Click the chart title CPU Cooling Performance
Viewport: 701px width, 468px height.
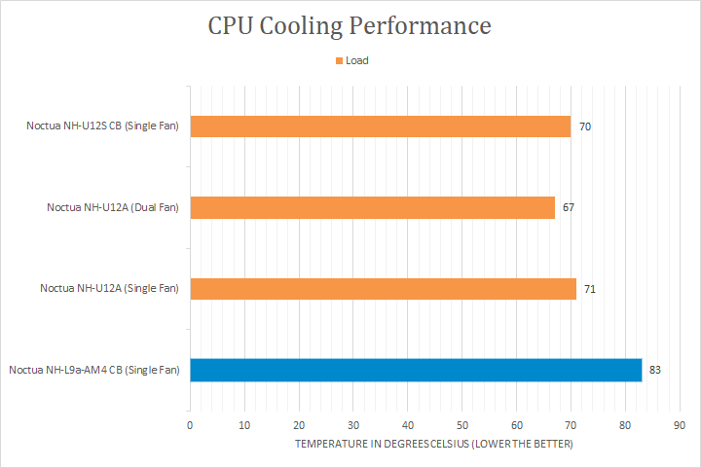point(349,25)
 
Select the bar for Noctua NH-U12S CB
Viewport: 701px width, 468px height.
point(380,126)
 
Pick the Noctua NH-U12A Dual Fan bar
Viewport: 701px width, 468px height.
point(372,207)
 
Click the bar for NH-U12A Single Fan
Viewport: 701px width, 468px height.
point(383,288)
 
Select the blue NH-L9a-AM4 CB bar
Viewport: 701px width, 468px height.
point(416,370)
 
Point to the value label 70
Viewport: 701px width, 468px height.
point(585,126)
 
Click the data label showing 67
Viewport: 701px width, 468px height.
point(569,207)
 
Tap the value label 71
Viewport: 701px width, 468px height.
point(590,288)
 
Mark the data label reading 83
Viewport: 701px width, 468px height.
point(655,370)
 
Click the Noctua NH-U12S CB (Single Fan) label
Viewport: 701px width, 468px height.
point(102,126)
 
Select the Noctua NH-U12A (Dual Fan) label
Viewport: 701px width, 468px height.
point(113,207)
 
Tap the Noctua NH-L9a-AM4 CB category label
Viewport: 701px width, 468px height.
point(94,370)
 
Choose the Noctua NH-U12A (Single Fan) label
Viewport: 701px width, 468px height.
point(109,288)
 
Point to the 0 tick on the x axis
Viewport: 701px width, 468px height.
point(190,425)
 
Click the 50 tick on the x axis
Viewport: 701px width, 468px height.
point(461,425)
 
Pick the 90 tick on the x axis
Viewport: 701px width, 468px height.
point(679,425)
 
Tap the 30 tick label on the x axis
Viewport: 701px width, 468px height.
point(352,425)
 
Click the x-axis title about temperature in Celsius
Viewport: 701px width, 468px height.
point(433,445)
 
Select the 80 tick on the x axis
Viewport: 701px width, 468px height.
point(624,425)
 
